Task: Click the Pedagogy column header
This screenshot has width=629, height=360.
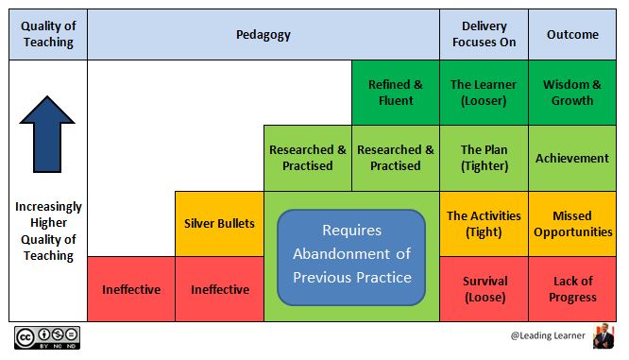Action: (x=263, y=35)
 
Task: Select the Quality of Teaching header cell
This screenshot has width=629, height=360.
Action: (x=47, y=35)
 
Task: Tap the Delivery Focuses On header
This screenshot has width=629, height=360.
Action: (x=483, y=35)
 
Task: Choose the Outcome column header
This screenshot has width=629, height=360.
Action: (x=572, y=35)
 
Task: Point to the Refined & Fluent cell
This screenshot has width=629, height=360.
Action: (x=395, y=93)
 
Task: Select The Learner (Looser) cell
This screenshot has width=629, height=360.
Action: (x=483, y=93)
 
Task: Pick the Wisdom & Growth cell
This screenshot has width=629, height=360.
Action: (x=572, y=93)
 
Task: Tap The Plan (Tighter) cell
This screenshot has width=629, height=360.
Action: (x=483, y=158)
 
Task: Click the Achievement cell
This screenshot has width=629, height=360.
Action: (x=572, y=158)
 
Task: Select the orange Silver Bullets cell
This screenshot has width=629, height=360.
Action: (x=219, y=223)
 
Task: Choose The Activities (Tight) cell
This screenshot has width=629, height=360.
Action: (x=483, y=223)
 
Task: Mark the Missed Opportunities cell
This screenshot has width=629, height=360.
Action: (x=572, y=223)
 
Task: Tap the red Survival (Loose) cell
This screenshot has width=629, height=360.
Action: (x=483, y=288)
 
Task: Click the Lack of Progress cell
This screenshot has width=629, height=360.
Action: (x=572, y=288)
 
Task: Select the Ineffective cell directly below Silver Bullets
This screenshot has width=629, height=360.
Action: (x=219, y=289)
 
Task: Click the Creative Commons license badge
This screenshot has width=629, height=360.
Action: (x=46, y=338)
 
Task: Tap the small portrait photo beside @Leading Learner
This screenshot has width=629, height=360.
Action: (x=603, y=337)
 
